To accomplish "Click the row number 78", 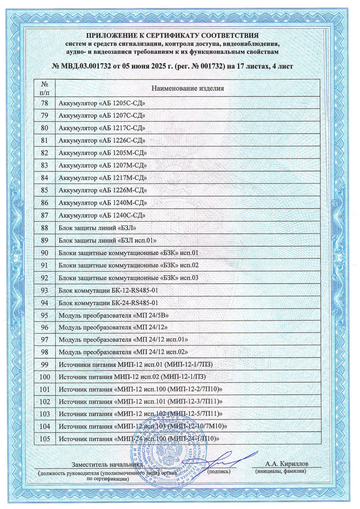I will tap(44, 103).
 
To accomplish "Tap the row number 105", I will tap(44, 438).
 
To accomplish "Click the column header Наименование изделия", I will tap(188, 88).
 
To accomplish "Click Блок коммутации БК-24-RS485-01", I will tap(108, 302).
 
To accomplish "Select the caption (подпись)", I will tap(219, 472).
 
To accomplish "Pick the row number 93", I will tap(44, 290).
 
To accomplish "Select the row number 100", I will tap(44, 376).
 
